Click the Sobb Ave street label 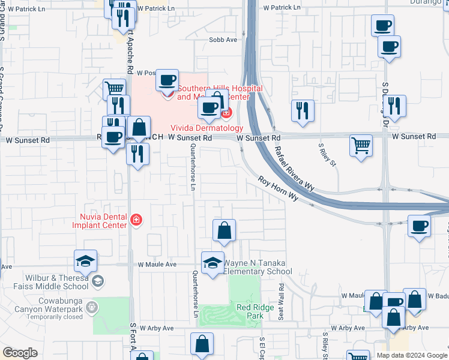click(223, 40)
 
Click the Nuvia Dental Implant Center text click(100, 221)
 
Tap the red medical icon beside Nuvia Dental click(136, 220)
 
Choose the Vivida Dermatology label click(206, 128)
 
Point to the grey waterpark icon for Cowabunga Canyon click(92, 307)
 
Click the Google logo click(20, 353)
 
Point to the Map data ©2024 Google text click(412, 355)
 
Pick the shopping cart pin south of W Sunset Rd click(361, 145)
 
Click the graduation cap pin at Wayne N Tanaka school click(212, 263)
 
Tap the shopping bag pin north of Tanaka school click(224, 230)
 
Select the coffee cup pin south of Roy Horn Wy click(419, 226)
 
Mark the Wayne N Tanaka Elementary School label click(258, 267)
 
